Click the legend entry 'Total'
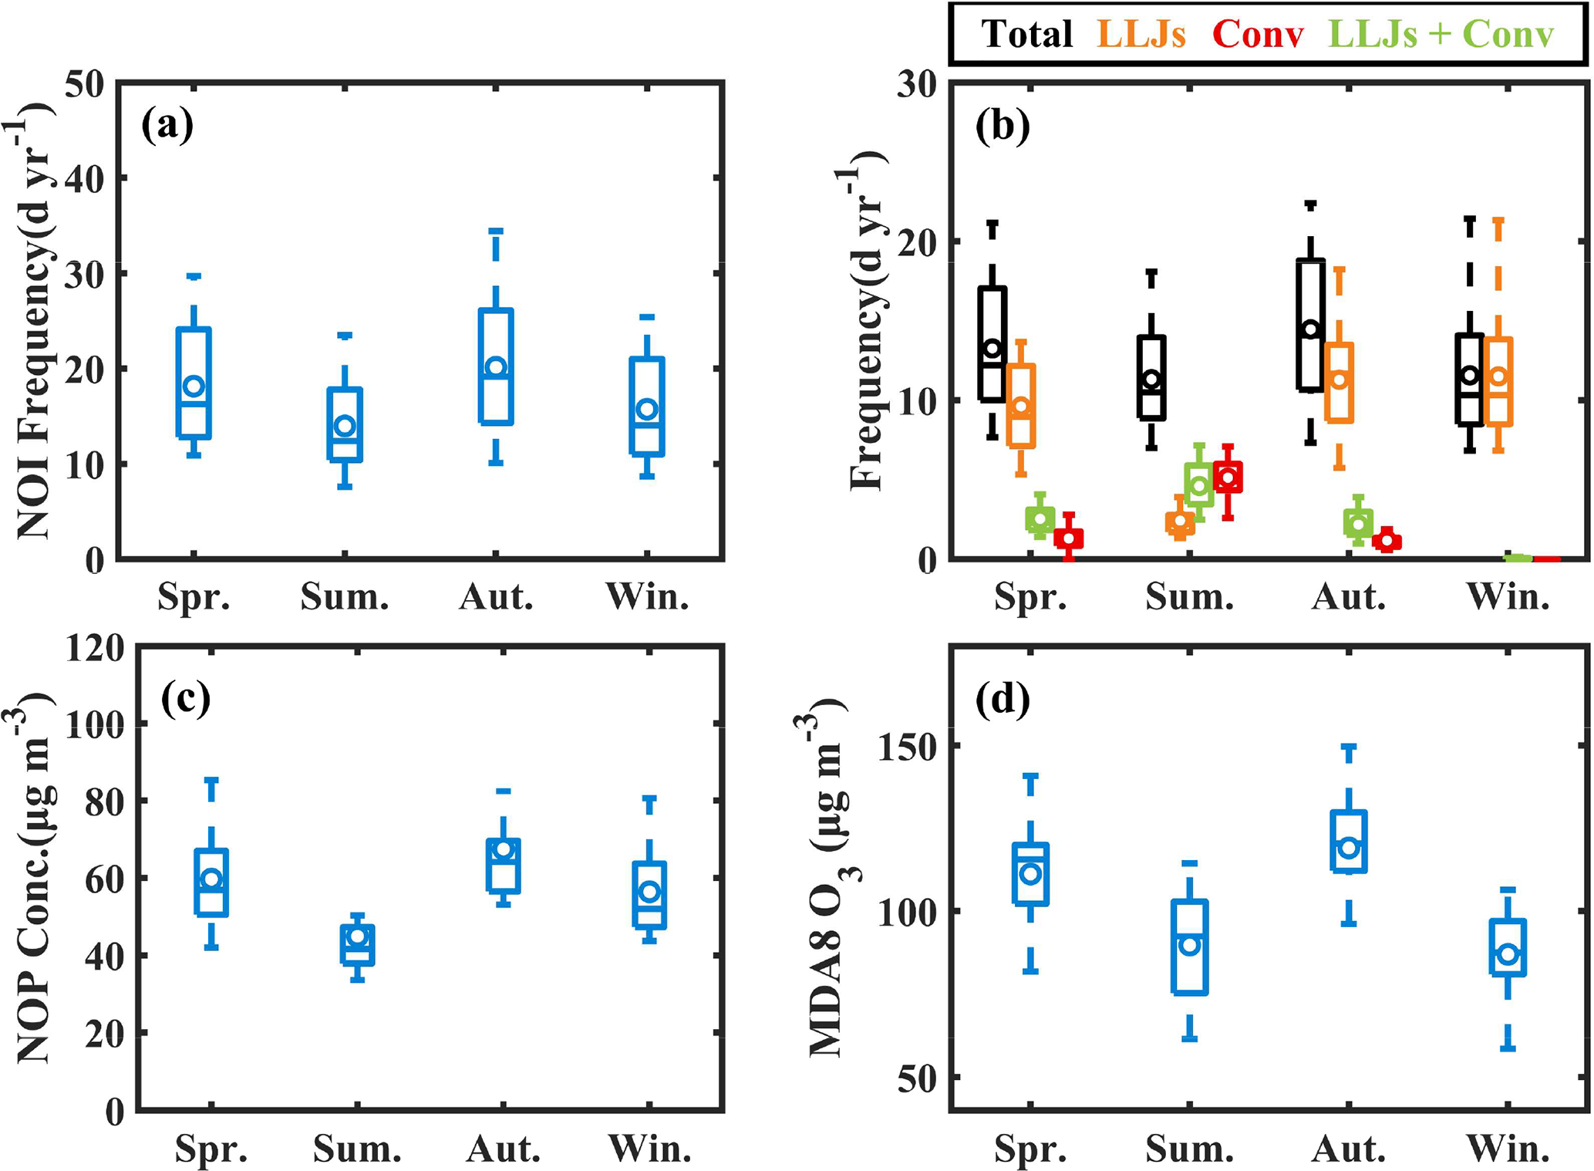pyautogui.click(x=1026, y=34)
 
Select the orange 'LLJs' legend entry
pyautogui.click(x=1141, y=34)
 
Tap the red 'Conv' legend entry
pyautogui.click(x=1258, y=34)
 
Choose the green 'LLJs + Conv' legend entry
pyautogui.click(x=1441, y=34)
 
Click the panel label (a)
pyautogui.click(x=167, y=124)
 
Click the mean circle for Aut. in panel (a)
pyautogui.click(x=497, y=366)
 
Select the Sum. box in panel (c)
pyautogui.click(x=357, y=945)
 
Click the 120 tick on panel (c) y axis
pyautogui.click(x=95, y=648)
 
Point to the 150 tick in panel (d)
pyautogui.click(x=907, y=746)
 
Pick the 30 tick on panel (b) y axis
pyautogui.click(x=918, y=83)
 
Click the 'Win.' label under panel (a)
pyautogui.click(x=648, y=596)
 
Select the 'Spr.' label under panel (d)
pyautogui.click(x=1031, y=1149)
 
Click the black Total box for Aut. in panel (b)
pyautogui.click(x=1310, y=325)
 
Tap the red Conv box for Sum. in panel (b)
pyautogui.click(x=1228, y=477)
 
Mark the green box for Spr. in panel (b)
pyautogui.click(x=1040, y=519)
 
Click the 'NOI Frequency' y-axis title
pyautogui.click(x=35, y=320)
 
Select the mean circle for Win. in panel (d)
pyautogui.click(x=1508, y=954)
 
